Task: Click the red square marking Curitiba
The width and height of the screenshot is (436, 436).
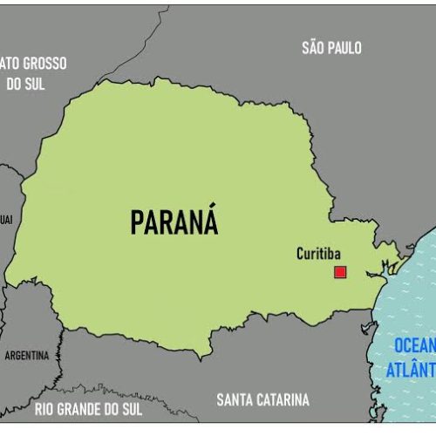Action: tap(340, 272)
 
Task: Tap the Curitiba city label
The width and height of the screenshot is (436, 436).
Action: tap(319, 254)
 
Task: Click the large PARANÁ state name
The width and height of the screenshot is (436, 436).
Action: tap(174, 223)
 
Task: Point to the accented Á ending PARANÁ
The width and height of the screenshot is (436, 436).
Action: tap(209, 221)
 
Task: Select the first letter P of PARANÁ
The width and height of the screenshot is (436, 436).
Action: tap(137, 224)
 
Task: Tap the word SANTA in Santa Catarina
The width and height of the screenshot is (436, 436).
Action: tap(235, 400)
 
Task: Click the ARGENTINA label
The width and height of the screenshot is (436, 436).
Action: tap(27, 356)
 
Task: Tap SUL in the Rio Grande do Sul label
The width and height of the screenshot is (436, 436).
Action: tap(131, 407)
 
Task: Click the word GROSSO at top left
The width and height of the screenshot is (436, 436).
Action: tap(46, 64)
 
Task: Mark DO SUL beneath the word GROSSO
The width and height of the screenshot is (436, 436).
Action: tap(26, 84)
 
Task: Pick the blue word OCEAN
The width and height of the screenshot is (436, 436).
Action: tap(413, 344)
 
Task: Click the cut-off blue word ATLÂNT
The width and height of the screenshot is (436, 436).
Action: tap(411, 370)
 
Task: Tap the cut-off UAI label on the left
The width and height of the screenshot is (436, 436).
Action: tap(5, 219)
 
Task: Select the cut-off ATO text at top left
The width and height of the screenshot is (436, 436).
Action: tap(9, 64)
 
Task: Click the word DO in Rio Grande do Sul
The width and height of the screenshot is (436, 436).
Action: tap(110, 407)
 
